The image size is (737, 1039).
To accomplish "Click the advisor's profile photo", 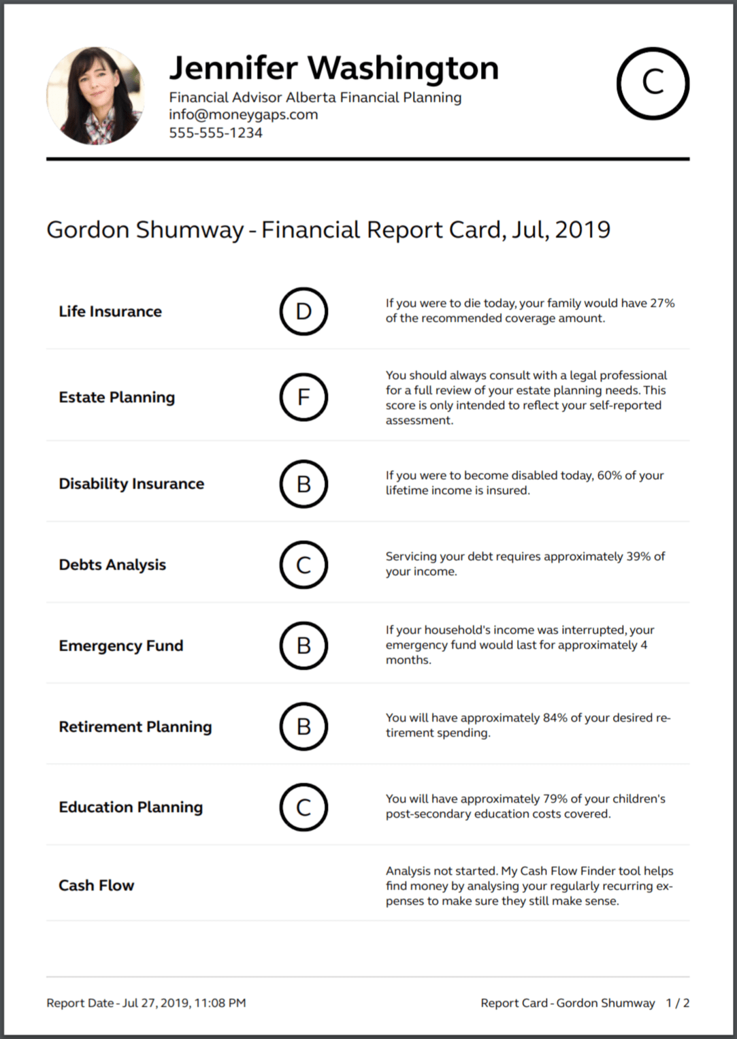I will pyautogui.click(x=95, y=96).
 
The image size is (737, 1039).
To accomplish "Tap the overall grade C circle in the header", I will pyautogui.click(x=653, y=83).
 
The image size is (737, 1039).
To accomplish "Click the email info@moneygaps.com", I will pyautogui.click(x=243, y=114).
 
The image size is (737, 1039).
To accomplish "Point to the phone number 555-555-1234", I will pyautogui.click(x=215, y=133).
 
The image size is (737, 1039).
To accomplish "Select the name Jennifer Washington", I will pyautogui.click(x=333, y=68).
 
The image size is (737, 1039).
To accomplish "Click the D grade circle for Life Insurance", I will pyautogui.click(x=304, y=311).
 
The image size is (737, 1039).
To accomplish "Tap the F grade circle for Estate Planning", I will pyautogui.click(x=304, y=397).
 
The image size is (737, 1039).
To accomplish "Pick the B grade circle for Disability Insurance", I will pyautogui.click(x=304, y=483).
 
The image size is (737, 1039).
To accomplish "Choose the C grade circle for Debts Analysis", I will pyautogui.click(x=304, y=564).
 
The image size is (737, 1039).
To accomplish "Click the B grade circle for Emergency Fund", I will pyautogui.click(x=304, y=645).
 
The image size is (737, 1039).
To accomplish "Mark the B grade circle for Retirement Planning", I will pyautogui.click(x=304, y=726).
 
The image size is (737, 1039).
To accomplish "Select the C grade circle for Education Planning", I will pyautogui.click(x=304, y=807).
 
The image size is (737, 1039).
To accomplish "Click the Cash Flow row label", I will pyautogui.click(x=96, y=885).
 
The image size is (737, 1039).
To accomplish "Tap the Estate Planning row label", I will pyautogui.click(x=116, y=397).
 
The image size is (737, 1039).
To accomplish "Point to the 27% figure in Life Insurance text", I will pyautogui.click(x=661, y=303).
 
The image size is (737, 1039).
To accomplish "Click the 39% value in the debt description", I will pyautogui.click(x=638, y=556).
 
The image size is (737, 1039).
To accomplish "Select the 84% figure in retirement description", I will pyautogui.click(x=555, y=718).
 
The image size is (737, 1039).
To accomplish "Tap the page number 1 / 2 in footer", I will pyautogui.click(x=677, y=1003).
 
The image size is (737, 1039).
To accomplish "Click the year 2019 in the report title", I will pyautogui.click(x=583, y=230).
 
